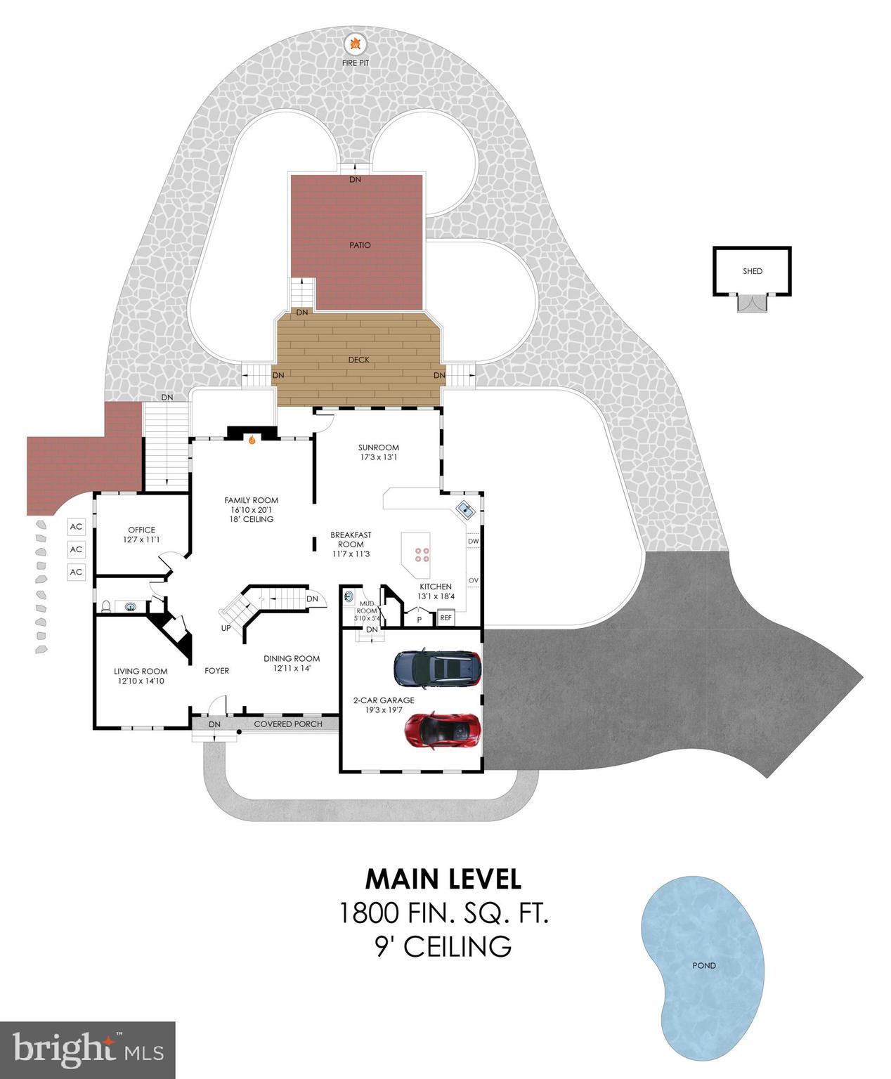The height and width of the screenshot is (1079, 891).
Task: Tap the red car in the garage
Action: click(443, 730)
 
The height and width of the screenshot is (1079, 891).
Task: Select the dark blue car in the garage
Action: click(437, 668)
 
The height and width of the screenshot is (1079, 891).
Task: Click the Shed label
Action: click(752, 271)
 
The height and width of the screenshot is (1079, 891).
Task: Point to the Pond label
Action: click(703, 965)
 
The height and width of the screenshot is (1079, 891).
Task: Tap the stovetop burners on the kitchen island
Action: click(422, 555)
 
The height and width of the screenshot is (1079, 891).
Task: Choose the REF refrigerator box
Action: click(445, 618)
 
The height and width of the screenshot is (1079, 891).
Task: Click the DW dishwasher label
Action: click(473, 541)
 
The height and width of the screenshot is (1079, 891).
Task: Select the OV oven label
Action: click(473, 580)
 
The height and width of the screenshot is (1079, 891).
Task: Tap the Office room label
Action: click(141, 530)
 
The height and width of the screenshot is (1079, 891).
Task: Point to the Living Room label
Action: click(141, 671)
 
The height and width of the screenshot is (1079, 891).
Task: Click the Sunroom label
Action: click(378, 447)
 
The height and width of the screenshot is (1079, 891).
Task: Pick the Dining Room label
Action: click(292, 658)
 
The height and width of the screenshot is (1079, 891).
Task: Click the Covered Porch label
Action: click(288, 724)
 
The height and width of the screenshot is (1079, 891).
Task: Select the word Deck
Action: click(358, 360)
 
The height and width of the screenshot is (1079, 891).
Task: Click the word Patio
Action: click(360, 245)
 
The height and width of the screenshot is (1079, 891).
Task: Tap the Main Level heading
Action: click(443, 879)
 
